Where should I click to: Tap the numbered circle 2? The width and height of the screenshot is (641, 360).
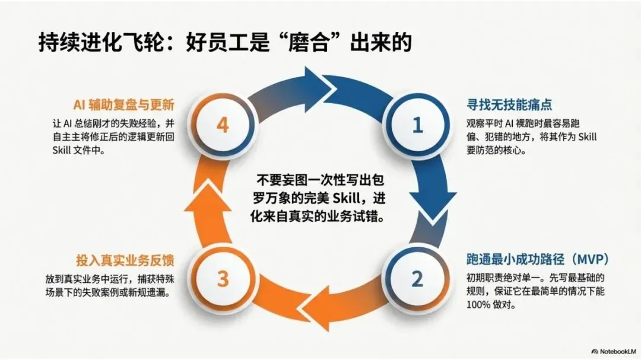(x=417, y=278)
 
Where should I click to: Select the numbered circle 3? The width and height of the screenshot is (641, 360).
(x=222, y=278)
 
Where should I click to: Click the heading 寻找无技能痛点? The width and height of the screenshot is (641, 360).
(x=509, y=105)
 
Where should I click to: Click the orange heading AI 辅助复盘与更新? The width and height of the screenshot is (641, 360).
(x=123, y=106)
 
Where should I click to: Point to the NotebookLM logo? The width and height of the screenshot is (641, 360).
(x=612, y=350)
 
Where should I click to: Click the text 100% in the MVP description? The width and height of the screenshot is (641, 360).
(x=479, y=306)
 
